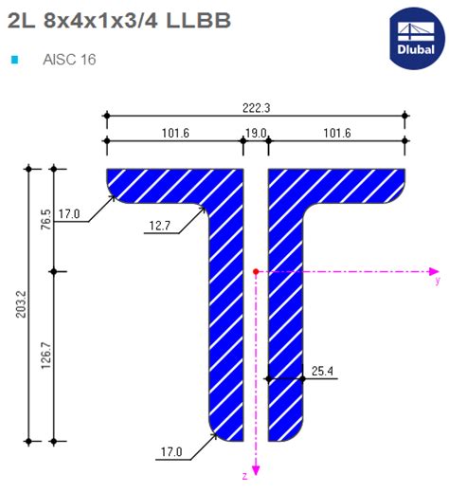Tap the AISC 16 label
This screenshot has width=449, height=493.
tap(69, 60)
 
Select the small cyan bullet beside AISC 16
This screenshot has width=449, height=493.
tap(14, 60)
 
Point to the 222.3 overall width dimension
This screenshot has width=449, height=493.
tap(256, 109)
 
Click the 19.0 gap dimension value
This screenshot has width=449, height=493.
tap(256, 134)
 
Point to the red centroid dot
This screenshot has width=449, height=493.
tap(256, 272)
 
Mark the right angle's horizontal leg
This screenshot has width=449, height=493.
tap(350, 182)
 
